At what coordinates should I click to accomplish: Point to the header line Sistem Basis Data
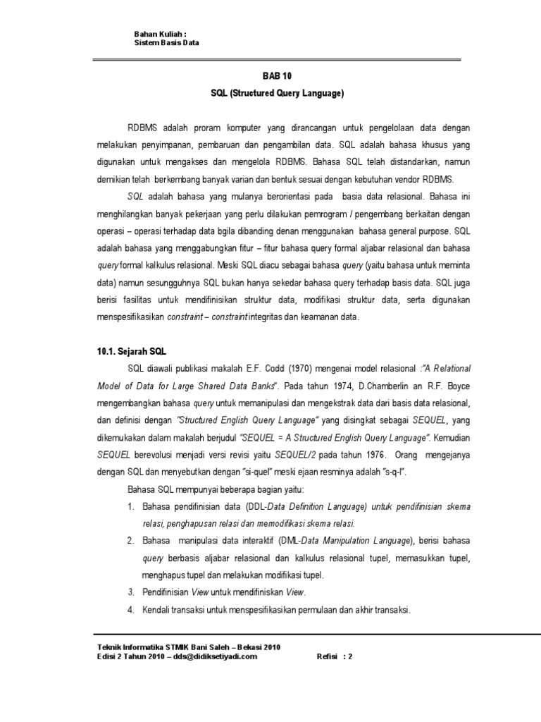pyautogui.click(x=167, y=42)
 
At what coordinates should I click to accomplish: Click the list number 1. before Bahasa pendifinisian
pyautogui.click(x=131, y=507)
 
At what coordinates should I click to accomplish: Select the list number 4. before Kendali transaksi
pyautogui.click(x=131, y=608)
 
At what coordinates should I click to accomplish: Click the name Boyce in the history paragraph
pyautogui.click(x=456, y=386)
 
